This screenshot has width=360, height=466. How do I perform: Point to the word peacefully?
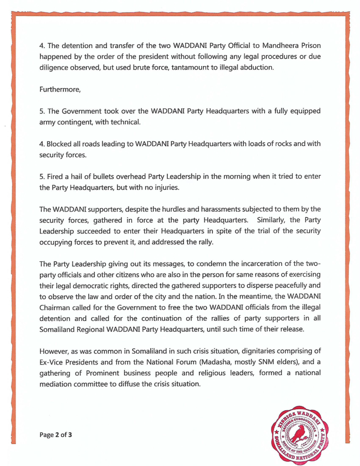(x=274, y=285)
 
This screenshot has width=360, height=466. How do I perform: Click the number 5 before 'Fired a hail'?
(x=41, y=176)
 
